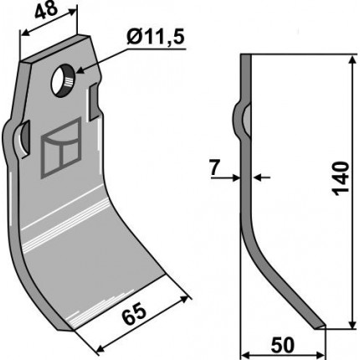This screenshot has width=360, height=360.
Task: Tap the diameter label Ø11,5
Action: tap(156, 38)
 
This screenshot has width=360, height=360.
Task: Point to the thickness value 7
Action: tap(214, 168)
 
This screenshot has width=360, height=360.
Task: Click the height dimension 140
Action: tap(341, 178)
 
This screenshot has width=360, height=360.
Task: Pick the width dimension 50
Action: tap(283, 345)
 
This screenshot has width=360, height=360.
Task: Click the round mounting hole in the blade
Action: tap(63, 80)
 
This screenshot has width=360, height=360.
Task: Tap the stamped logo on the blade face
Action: tap(61, 148)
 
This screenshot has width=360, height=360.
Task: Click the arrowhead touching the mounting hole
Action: tap(80, 70)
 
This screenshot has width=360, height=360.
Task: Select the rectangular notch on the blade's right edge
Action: tap(94, 102)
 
